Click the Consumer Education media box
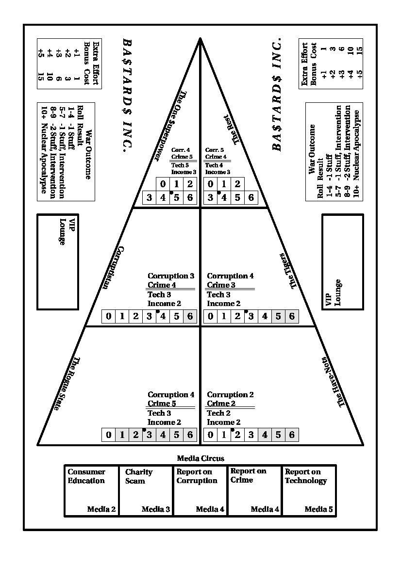(92, 490)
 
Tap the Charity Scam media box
(146, 490)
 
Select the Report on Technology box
(309, 490)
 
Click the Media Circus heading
(200, 458)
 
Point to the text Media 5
(318, 509)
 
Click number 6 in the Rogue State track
(190, 434)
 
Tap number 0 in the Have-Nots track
(210, 434)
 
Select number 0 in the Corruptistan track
(109, 316)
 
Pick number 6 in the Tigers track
(292, 316)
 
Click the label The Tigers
(288, 271)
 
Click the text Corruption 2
(230, 394)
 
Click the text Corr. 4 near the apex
(181, 150)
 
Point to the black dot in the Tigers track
(246, 311)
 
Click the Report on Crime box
(254, 490)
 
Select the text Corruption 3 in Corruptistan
(171, 276)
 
